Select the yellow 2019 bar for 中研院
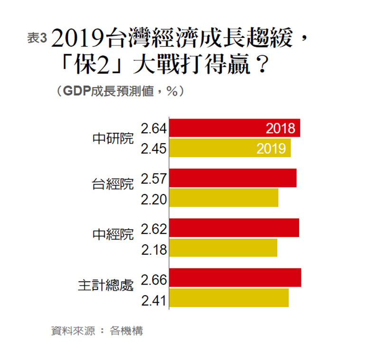[x=214, y=148]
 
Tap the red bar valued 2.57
[x=233, y=178]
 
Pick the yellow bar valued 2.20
[x=224, y=198]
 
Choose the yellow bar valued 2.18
[x=223, y=248]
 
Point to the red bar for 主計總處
[x=235, y=277]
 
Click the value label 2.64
[x=153, y=128]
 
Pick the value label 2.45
[x=153, y=149]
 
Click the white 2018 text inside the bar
[x=281, y=128]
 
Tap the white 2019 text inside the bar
[x=271, y=148]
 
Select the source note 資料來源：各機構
[x=97, y=331]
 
